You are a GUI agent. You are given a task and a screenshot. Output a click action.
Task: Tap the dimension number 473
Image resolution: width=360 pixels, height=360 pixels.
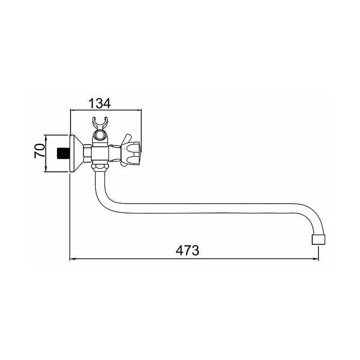click(x=187, y=250)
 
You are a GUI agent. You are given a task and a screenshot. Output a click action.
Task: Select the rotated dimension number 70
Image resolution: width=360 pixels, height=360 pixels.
click(x=39, y=151)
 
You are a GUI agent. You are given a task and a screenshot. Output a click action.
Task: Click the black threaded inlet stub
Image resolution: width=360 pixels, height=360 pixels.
click(x=63, y=154)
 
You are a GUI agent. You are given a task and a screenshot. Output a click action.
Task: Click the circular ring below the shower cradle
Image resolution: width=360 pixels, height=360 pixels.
click(x=100, y=135)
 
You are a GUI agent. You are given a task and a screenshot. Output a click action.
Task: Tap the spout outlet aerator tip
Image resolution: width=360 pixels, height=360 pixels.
click(x=318, y=239)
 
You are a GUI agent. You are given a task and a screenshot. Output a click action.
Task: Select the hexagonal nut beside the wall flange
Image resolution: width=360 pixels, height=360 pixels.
click(x=87, y=154)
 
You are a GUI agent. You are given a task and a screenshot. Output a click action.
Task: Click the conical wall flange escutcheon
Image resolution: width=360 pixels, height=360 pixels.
click(x=76, y=153)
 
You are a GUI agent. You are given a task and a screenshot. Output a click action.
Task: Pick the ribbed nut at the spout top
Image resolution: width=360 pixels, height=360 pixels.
click(x=100, y=167)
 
